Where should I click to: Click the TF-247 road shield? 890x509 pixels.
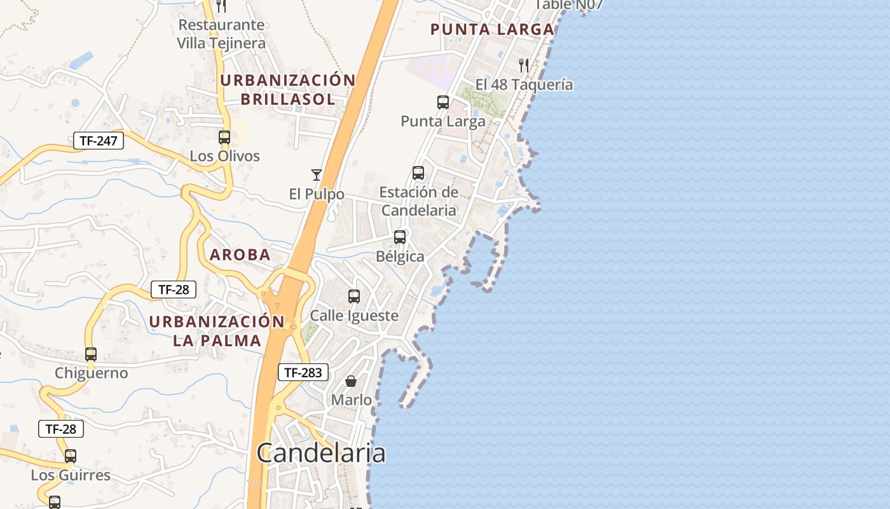(99, 141)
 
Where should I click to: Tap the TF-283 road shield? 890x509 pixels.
(303, 373)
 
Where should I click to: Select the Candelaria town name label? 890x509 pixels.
(321, 453)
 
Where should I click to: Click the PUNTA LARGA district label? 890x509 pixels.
(492, 29)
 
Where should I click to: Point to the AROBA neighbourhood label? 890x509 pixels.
(240, 255)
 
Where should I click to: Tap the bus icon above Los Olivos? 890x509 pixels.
(224, 137)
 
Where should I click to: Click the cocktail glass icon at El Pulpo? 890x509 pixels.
(316, 175)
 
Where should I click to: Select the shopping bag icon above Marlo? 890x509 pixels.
(350, 381)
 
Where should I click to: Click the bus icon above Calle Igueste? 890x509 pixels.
(354, 296)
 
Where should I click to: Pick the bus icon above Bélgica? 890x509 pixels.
(400, 237)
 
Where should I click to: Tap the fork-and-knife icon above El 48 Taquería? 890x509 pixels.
(524, 65)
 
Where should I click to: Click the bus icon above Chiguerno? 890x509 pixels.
(91, 354)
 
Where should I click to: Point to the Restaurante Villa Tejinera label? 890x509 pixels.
(221, 34)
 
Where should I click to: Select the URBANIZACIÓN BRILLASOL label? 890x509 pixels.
(287, 90)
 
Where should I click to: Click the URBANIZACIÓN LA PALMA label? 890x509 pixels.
(217, 331)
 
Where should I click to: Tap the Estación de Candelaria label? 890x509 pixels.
(418, 201)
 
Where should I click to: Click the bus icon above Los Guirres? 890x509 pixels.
(71, 456)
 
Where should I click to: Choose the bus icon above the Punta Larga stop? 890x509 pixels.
(443, 102)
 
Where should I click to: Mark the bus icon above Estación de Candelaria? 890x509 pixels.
(418, 173)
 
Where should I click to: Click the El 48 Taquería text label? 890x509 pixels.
(524, 85)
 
